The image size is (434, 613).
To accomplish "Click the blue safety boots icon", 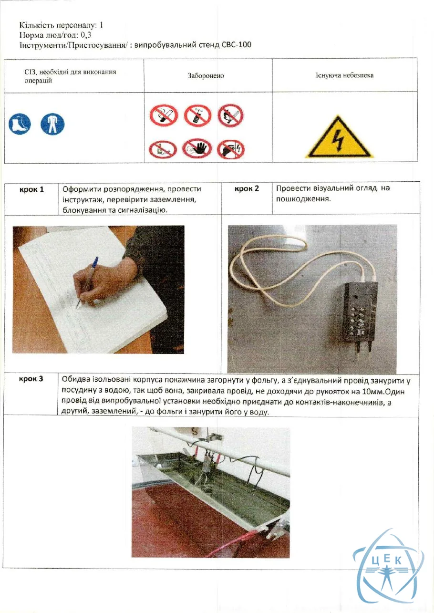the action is click(x=20, y=124).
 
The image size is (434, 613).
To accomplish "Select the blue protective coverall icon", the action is click(x=52, y=124).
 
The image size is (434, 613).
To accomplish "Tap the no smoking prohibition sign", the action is click(x=164, y=115).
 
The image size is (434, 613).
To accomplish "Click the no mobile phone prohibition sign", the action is click(x=197, y=115).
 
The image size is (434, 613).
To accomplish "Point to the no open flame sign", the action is click(x=230, y=115).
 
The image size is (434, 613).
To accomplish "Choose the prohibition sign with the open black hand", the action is click(x=197, y=148).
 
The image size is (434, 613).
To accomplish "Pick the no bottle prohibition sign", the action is click(x=163, y=149).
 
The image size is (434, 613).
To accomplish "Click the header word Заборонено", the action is click(x=206, y=76).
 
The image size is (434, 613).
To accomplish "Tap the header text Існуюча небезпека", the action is click(x=344, y=75).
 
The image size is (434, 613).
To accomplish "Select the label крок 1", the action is click(x=32, y=190).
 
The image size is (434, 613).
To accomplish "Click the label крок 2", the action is click(x=247, y=189).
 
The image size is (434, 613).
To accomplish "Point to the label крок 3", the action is click(x=31, y=379).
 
